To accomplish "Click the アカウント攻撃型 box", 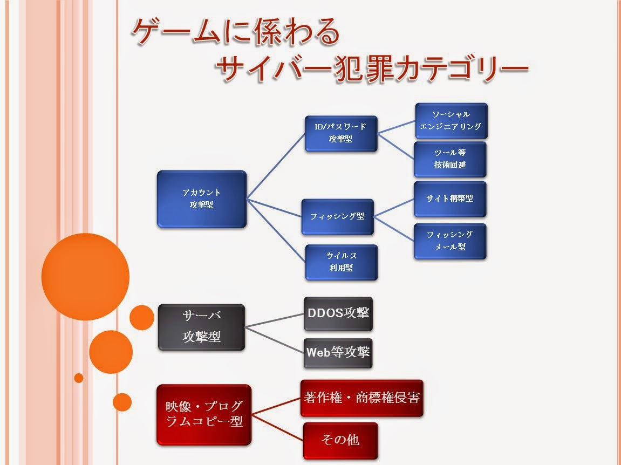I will [x=201, y=199].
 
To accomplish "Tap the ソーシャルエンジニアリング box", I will [x=451, y=121].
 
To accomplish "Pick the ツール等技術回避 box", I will [x=451, y=159].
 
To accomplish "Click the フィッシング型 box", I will [x=338, y=217].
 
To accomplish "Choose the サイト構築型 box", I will [x=451, y=199].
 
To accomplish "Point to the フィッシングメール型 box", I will [x=451, y=241].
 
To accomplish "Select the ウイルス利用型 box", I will [x=341, y=262].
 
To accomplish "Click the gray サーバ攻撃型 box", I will [x=201, y=327].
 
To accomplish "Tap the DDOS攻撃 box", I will [x=338, y=313].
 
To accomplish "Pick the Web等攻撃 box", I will [x=338, y=353].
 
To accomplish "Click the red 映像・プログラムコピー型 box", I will [x=204, y=414].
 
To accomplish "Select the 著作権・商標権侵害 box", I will [x=361, y=398].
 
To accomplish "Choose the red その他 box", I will [x=340, y=440].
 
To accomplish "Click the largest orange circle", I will [x=85, y=277].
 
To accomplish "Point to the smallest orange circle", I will [x=79, y=378].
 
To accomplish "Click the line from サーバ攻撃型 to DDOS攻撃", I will [x=275, y=320].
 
